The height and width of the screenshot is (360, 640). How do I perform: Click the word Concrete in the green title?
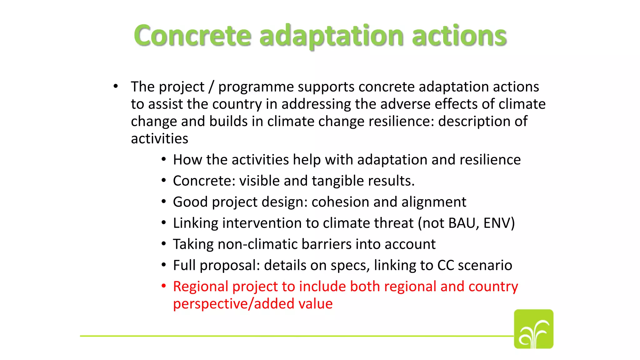192,36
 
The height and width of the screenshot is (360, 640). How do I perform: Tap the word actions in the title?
459,36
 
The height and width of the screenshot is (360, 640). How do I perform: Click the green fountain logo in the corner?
533,329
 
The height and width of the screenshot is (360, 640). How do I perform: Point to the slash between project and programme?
211,87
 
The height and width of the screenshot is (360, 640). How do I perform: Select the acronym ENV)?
499,223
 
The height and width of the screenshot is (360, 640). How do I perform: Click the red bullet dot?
164,286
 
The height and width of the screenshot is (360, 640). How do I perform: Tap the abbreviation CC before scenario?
445,265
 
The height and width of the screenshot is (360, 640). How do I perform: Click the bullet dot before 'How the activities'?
164,159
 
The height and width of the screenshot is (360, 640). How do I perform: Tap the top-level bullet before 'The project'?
116,86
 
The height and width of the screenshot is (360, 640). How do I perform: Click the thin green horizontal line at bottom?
281,336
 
